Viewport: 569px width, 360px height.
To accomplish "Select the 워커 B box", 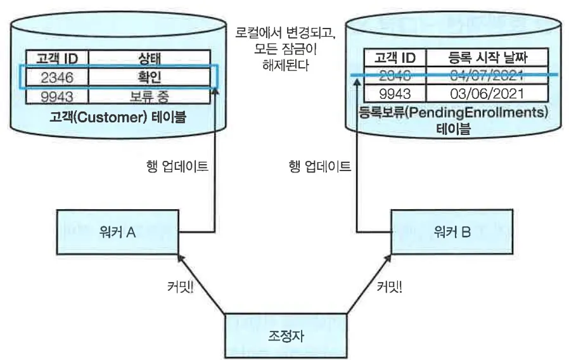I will click(x=452, y=232).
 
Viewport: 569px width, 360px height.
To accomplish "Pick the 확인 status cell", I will click(x=150, y=77).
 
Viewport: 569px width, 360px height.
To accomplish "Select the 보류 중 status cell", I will click(x=150, y=97).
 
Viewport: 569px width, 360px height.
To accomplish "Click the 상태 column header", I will click(x=150, y=59).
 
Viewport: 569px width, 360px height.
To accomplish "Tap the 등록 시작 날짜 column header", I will click(x=487, y=58).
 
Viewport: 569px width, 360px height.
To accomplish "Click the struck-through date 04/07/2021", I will click(x=487, y=76).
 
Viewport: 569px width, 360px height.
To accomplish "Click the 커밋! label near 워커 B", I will click(x=389, y=286).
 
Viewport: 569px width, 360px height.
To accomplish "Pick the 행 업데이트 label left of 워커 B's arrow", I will click(x=319, y=167).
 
